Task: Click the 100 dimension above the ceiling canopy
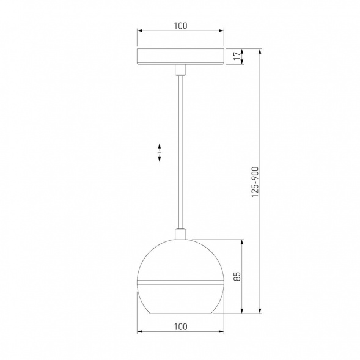(180, 26)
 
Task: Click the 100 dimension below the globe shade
(180, 326)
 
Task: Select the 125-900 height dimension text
(255, 182)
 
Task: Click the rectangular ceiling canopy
(180, 56)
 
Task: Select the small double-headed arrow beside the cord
(160, 153)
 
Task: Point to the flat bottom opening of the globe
(180, 312)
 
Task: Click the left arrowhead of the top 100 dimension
(139, 31)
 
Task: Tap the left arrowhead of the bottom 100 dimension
(139, 332)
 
